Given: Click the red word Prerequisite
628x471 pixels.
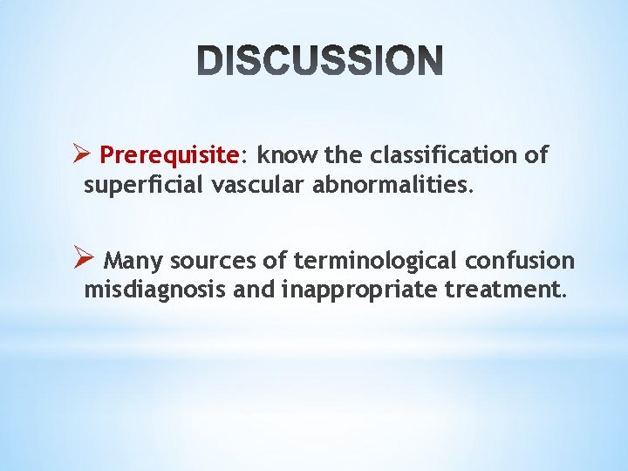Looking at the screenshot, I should point(169,156).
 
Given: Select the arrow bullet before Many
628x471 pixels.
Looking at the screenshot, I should point(85,260).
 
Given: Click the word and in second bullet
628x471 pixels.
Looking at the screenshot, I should point(252,290).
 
